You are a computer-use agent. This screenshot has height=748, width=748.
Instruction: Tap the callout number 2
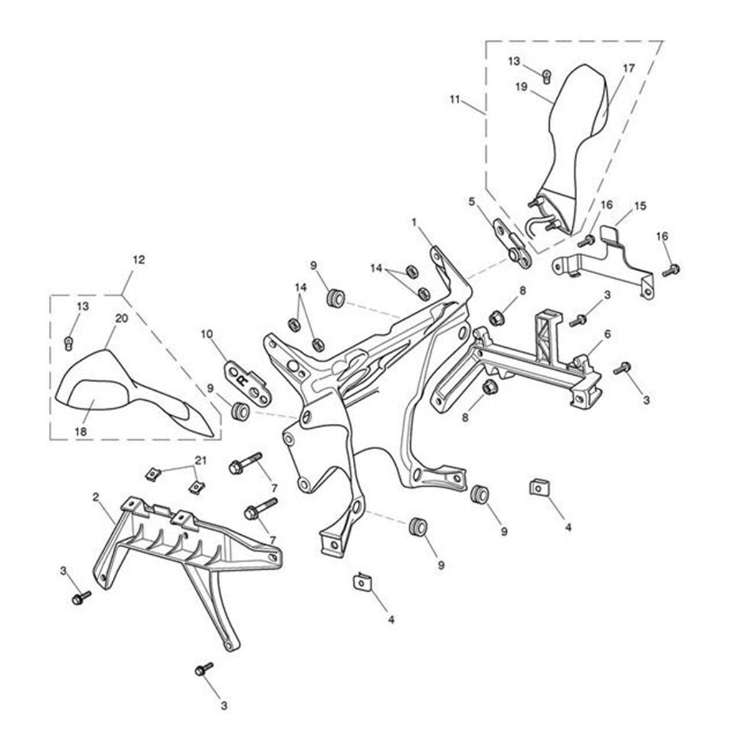95,497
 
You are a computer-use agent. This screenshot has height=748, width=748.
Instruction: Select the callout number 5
472,201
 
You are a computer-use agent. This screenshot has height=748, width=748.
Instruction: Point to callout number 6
607,334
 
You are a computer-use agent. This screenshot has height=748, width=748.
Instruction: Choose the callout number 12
138,259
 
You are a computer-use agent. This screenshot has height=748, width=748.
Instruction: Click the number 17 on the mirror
628,69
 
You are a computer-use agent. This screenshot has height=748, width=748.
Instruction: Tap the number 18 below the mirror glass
82,431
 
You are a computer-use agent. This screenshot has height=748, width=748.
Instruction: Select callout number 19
522,87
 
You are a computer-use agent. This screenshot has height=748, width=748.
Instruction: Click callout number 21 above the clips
199,460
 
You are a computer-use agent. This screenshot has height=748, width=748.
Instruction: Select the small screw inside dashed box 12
70,342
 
